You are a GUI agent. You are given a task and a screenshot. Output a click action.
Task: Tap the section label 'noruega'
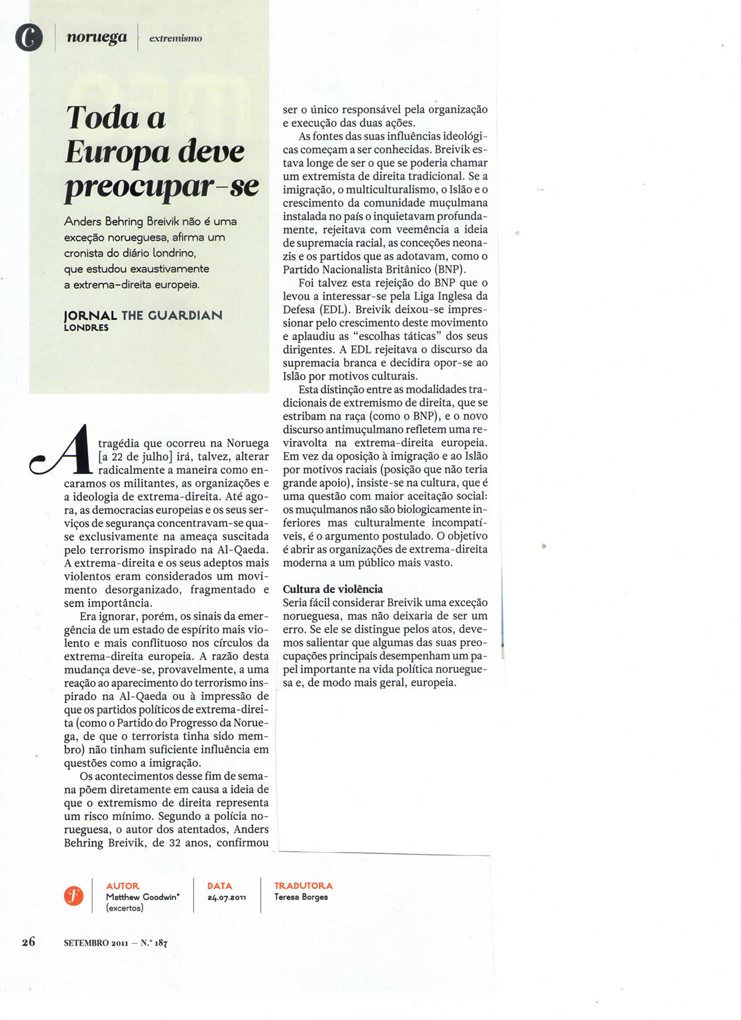96,37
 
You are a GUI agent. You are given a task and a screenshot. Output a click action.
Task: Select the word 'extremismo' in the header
176,38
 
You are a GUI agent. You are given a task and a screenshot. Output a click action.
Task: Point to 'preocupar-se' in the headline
162,187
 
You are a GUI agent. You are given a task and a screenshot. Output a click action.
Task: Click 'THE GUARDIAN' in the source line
172,315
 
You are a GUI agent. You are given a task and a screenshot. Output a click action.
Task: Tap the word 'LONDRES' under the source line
86,328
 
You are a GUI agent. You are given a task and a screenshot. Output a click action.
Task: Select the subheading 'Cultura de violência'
332,589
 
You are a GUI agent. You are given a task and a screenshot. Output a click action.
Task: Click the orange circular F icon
74,896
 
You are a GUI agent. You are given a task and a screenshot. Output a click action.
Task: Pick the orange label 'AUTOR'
123,886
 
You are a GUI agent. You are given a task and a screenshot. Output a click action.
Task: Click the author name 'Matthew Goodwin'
142,897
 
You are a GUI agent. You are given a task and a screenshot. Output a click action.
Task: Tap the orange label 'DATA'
220,886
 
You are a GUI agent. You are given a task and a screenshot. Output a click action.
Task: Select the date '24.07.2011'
227,897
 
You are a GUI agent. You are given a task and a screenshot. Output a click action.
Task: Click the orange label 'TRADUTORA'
303,886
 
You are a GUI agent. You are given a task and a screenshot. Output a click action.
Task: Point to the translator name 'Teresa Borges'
301,897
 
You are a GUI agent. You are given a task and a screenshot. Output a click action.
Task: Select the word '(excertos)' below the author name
124,907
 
